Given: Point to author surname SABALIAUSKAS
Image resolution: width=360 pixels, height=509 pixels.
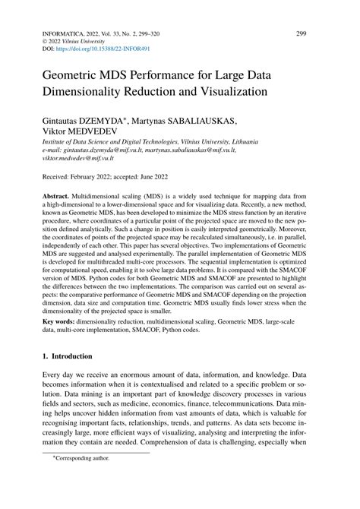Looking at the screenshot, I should click(x=208, y=120).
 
